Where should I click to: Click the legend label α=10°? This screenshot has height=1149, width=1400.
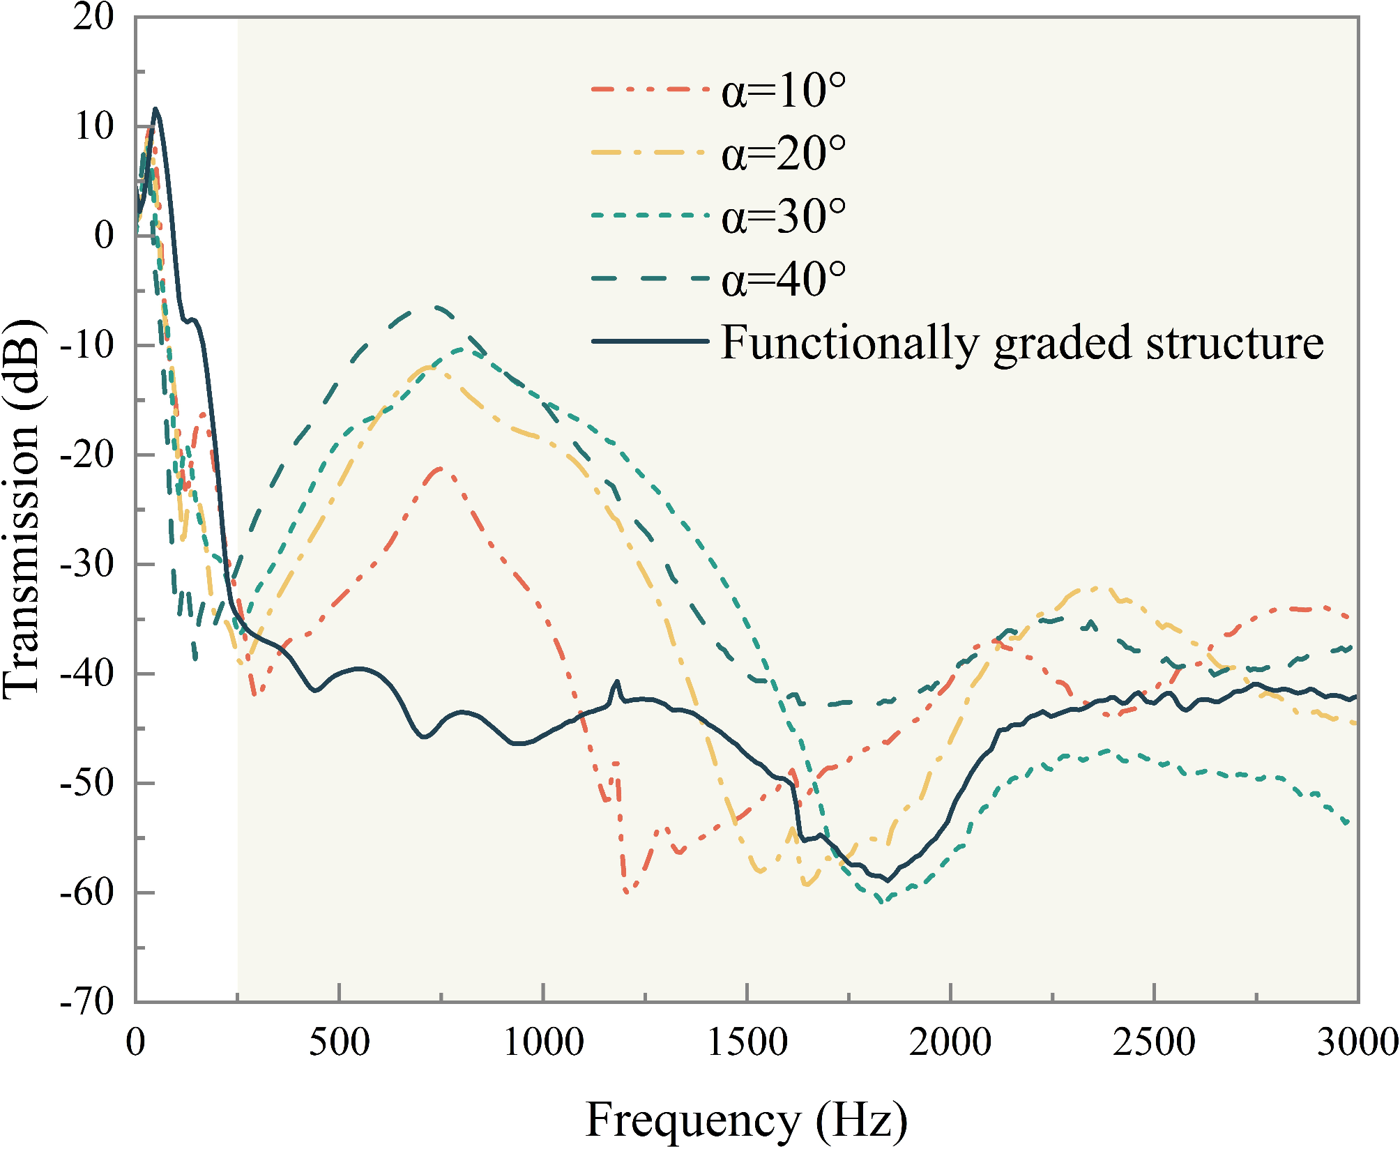[784, 91]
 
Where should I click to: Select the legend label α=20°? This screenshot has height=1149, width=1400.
[784, 153]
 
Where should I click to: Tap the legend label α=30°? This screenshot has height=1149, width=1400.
[784, 217]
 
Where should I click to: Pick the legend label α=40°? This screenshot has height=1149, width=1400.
[784, 280]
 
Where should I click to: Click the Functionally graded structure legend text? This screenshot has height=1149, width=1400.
[1022, 343]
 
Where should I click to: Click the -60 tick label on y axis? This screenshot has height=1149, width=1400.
[87, 892]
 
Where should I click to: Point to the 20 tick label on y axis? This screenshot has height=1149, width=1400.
[93, 17]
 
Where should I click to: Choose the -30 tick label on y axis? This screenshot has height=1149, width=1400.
[87, 563]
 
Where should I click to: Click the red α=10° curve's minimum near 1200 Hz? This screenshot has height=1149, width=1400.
[627, 892]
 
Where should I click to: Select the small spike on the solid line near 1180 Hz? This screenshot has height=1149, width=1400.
[617, 681]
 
